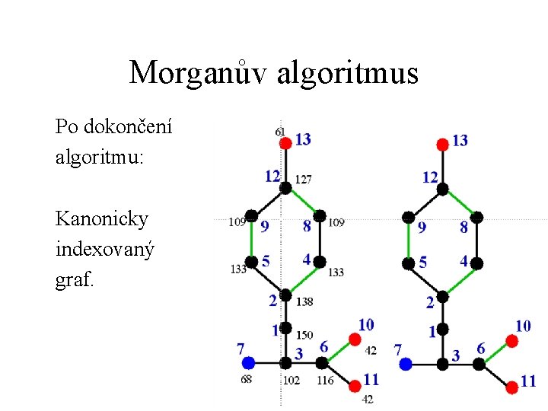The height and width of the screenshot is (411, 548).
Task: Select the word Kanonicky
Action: click(102, 219)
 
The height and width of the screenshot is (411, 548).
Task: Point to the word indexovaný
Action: click(105, 249)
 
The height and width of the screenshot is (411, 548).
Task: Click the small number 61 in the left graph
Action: click(280, 132)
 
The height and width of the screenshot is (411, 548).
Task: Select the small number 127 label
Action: click(303, 180)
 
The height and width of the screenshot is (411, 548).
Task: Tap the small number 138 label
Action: click(304, 302)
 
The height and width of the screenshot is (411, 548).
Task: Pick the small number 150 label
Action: click(304, 335)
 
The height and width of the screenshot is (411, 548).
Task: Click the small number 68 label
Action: click(247, 379)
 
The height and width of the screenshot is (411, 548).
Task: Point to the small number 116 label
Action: click(325, 380)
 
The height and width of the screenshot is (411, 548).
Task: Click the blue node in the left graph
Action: click(248, 364)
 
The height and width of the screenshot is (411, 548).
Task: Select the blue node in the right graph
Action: click(406, 365)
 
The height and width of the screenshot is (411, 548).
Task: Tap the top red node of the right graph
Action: click(442, 144)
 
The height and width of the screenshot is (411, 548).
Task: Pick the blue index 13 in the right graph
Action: click(460, 140)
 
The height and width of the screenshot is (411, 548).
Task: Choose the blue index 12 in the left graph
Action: click(272, 177)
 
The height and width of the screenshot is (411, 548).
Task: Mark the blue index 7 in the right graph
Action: click(397, 350)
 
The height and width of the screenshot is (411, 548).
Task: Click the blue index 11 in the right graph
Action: click(528, 381)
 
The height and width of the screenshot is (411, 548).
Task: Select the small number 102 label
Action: click(291, 380)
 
